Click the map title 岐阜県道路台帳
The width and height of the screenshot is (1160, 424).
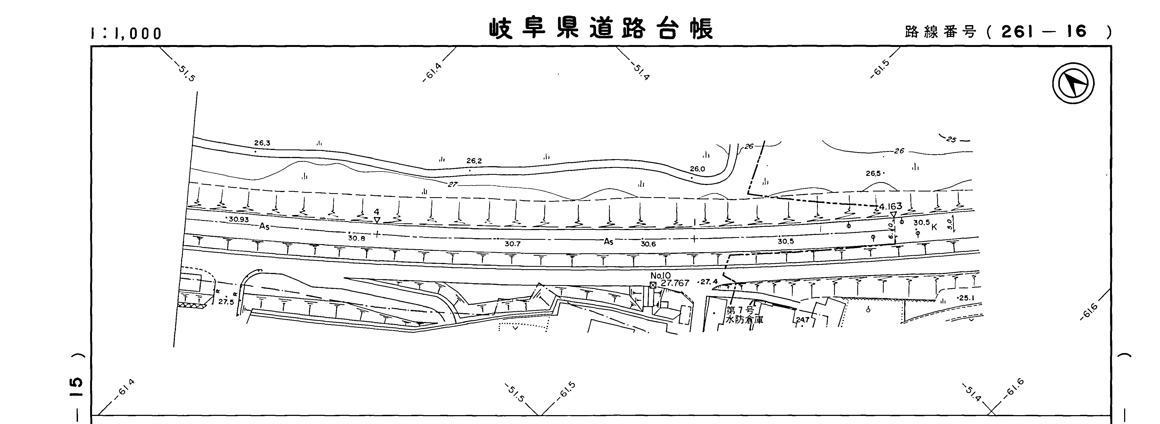click(601, 29)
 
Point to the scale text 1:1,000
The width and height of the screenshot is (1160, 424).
click(126, 33)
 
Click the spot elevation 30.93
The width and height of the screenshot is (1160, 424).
click(238, 220)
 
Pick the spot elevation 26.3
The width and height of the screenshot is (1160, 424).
click(262, 143)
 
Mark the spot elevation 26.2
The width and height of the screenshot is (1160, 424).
click(474, 161)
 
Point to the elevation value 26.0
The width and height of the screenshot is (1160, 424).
click(697, 169)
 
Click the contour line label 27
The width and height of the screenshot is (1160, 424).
click(453, 184)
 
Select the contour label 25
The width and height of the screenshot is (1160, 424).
click(951, 139)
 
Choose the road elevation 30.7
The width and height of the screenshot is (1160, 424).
click(512, 244)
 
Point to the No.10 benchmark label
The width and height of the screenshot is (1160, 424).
click(661, 275)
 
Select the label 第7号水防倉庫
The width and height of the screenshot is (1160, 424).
click(744, 315)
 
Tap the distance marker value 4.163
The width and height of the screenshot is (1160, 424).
click(890, 207)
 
